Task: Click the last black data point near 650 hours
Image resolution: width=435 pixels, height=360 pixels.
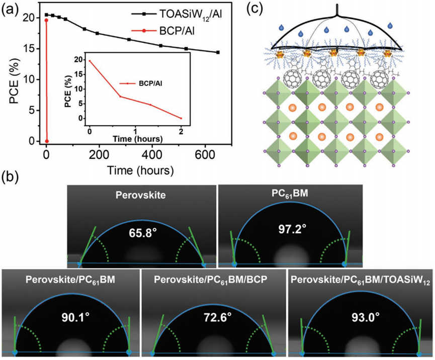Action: [x=218, y=52]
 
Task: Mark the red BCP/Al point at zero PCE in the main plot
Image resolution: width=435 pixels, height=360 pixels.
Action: [x=46, y=141]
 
